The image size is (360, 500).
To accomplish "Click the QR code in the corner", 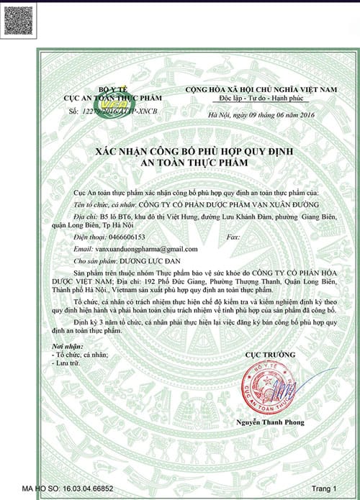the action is coord(18,17).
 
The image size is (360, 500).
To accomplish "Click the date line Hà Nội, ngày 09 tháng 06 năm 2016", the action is coord(253,115).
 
